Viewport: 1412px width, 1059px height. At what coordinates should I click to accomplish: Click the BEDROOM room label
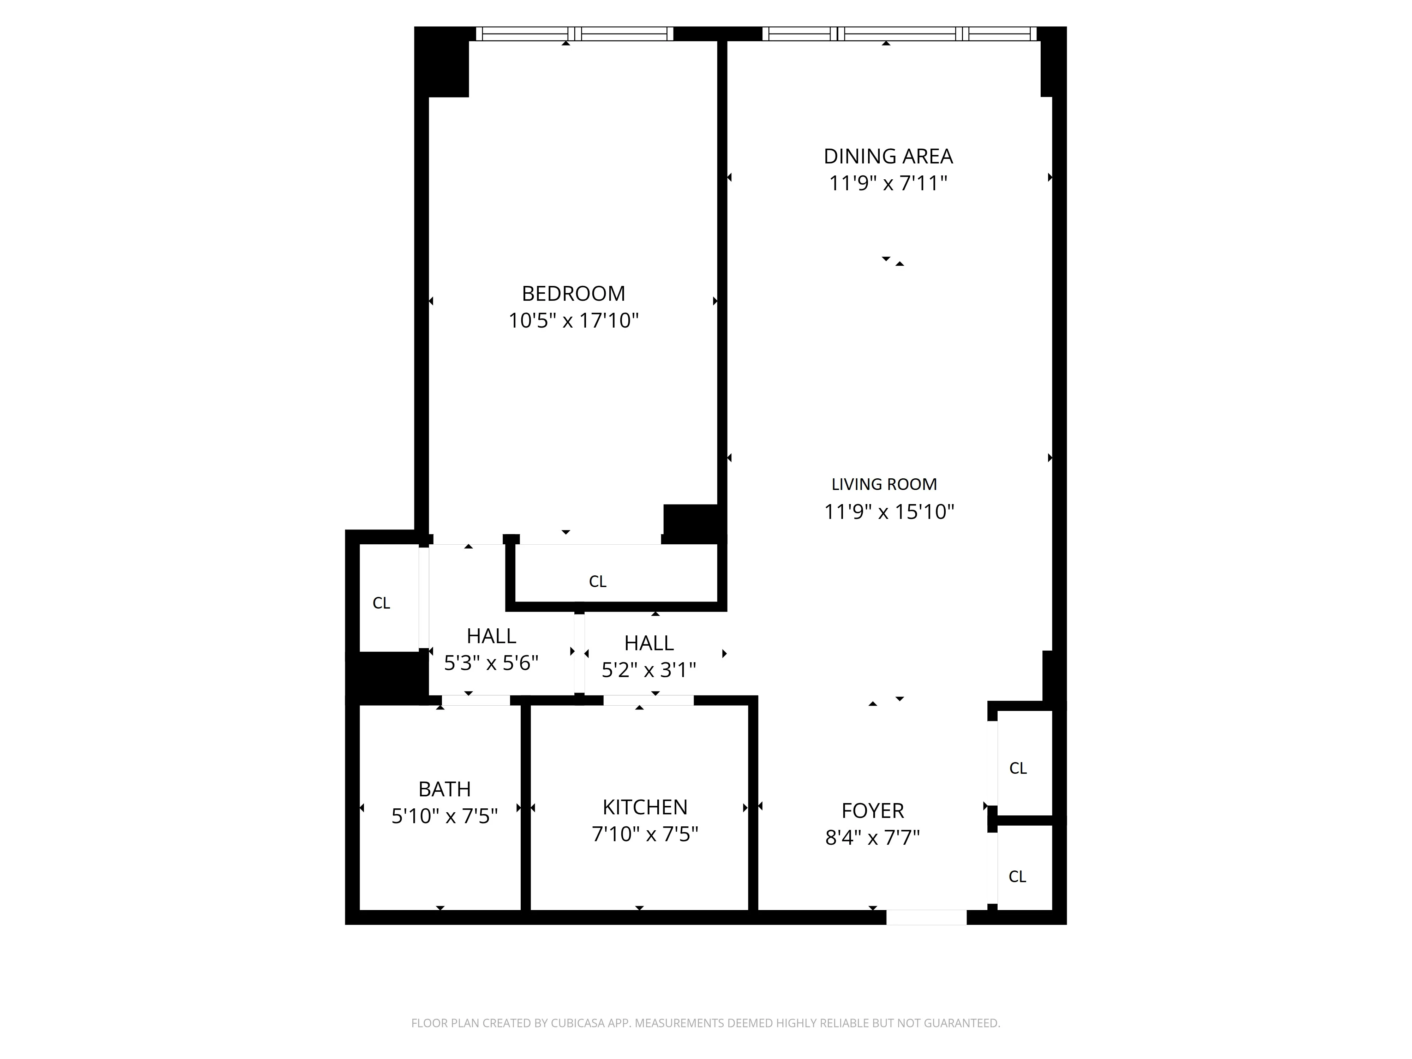pos(573,294)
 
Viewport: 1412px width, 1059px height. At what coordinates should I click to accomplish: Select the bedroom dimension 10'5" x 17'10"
pos(573,321)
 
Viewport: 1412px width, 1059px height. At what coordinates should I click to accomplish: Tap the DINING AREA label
pos(888,156)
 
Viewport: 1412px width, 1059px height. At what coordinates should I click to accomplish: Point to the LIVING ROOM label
pos(884,485)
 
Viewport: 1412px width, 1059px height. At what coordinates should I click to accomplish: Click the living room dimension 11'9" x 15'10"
pos(889,512)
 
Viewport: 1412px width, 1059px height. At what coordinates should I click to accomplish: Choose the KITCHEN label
pos(645,808)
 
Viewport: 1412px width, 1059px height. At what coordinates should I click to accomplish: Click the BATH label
pos(444,790)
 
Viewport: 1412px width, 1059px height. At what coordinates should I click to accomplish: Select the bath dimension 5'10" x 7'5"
pos(444,816)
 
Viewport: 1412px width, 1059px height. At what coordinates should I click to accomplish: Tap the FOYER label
pos(873,811)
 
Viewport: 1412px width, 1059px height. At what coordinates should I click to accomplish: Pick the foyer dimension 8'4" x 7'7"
pos(873,838)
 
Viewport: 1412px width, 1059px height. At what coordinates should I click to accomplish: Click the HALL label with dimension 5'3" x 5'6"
pos(491,636)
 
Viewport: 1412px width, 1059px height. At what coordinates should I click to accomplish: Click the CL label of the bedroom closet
pos(598,581)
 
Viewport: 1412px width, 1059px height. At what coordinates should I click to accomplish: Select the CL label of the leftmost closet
pos(381,603)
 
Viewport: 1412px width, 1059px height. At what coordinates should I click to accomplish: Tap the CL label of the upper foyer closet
pos(1018,768)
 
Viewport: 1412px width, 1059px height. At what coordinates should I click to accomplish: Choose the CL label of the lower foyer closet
pos(1017,877)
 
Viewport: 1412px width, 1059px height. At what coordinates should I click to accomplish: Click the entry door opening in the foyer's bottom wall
pos(926,917)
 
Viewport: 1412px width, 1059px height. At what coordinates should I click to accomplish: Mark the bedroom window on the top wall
pos(574,34)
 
